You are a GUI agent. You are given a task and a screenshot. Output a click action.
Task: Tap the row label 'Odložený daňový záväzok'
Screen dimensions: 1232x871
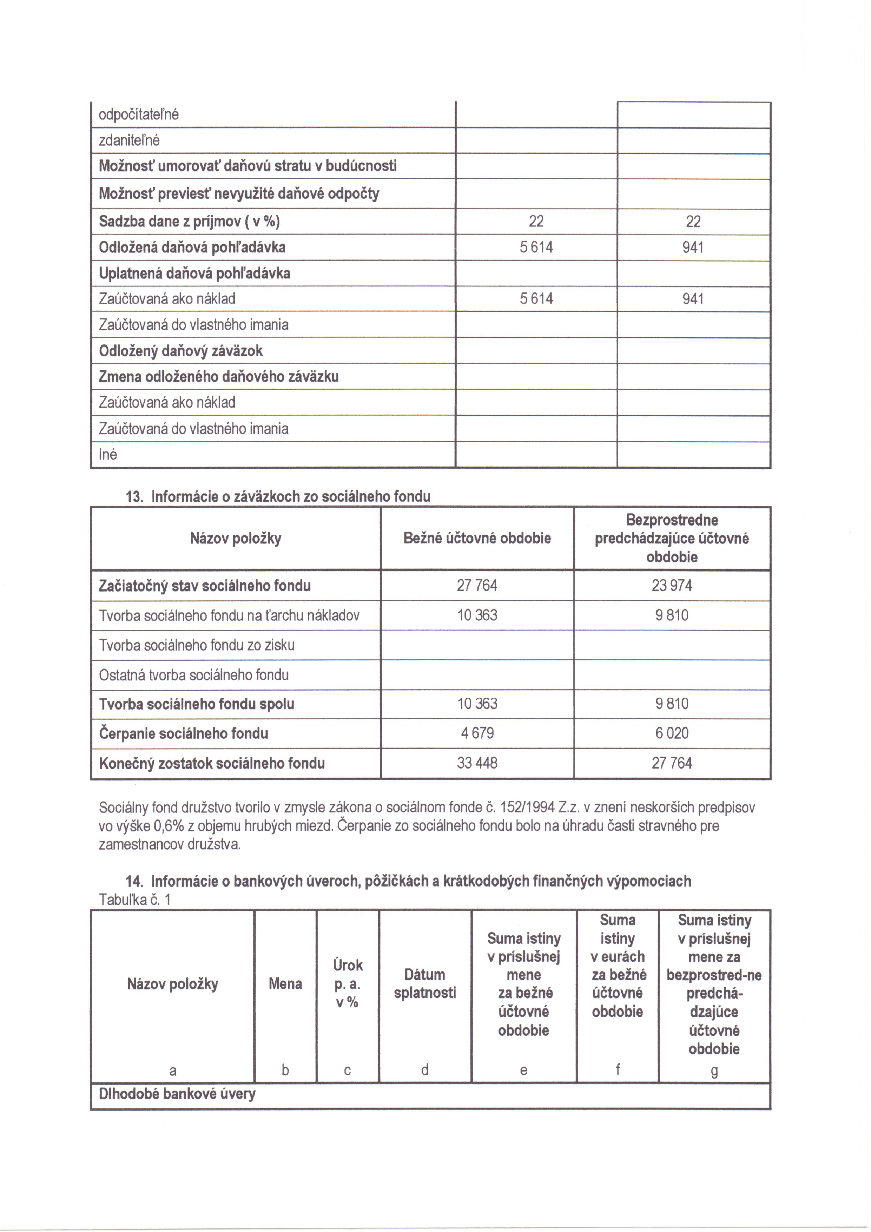coord(181,351)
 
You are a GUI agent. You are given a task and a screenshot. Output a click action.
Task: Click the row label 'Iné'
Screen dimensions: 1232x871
coord(108,454)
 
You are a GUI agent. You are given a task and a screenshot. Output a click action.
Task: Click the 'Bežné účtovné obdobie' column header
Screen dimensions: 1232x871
coord(477,538)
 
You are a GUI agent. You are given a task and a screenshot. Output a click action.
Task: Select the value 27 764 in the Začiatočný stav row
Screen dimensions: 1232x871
coord(477,585)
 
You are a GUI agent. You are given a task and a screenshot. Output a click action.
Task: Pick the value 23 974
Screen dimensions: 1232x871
coord(672,585)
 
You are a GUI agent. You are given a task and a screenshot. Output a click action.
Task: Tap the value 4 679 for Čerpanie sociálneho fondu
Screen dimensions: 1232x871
coord(477,733)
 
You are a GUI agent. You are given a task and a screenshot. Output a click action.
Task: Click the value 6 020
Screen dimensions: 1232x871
coord(672,733)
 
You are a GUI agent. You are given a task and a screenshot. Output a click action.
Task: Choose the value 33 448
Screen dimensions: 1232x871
coord(477,763)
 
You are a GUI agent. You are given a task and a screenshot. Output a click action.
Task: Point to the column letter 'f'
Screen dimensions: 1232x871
coord(617,1070)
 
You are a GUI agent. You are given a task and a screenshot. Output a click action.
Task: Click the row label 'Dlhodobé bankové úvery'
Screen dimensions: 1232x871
coord(177,1094)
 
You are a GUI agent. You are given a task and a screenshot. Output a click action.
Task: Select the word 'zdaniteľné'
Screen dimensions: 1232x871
coord(129,140)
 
